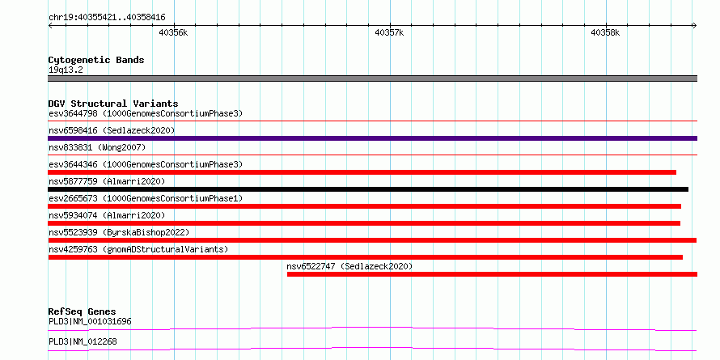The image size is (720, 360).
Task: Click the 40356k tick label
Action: [173, 32]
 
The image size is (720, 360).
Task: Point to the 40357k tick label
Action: [389, 32]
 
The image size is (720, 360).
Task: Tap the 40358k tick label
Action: [605, 32]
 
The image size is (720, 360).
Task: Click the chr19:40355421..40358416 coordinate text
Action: [107, 18]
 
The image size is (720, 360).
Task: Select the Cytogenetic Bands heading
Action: [96, 60]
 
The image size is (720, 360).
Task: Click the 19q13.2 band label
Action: [66, 70]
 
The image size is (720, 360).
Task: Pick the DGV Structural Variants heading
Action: [113, 104]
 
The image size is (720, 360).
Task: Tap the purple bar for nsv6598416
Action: [373, 138]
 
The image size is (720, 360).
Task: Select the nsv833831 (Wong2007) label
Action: [97, 147]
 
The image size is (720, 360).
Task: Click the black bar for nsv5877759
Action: [368, 189]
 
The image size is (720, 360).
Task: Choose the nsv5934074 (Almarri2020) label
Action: [107, 215]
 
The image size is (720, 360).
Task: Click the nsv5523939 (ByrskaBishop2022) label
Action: [119, 232]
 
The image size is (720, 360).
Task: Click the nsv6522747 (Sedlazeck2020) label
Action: [350, 266]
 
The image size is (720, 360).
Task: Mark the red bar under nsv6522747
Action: [492, 274]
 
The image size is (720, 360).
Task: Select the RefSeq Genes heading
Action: [83, 311]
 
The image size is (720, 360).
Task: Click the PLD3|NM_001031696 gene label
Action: [90, 321]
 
